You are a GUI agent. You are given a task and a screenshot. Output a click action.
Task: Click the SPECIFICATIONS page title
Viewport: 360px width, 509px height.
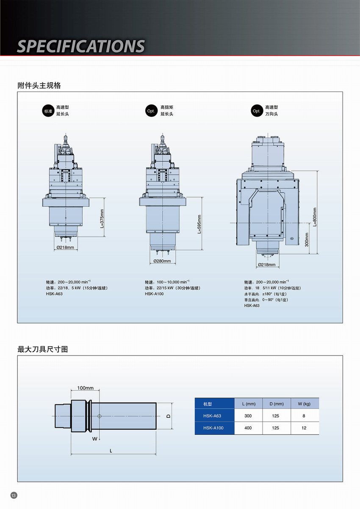pyautogui.click(x=80, y=46)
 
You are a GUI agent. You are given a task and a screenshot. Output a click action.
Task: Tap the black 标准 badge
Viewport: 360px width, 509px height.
pyautogui.click(x=47, y=111)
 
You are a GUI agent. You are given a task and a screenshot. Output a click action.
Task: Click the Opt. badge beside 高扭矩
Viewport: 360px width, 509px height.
pyautogui.click(x=151, y=111)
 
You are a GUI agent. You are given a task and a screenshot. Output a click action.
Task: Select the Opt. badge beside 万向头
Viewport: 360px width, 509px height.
pyautogui.click(x=256, y=111)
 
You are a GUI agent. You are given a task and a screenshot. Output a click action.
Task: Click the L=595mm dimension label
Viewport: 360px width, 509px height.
pyautogui.click(x=199, y=224)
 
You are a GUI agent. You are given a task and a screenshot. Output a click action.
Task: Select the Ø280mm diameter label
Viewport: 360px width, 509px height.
pyautogui.click(x=162, y=261)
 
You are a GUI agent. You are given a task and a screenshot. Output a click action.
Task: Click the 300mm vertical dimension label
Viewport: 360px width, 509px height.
pyautogui.click(x=307, y=239)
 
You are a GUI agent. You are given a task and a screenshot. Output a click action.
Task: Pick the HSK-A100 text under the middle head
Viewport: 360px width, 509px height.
pyautogui.click(x=154, y=294)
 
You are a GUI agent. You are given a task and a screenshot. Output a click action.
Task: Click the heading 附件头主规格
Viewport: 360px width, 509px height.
pyautogui.click(x=39, y=85)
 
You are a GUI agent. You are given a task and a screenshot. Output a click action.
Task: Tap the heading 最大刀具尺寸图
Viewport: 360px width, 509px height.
pyautogui.click(x=43, y=350)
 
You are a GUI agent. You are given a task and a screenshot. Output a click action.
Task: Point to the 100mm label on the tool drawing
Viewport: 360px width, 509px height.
pyautogui.click(x=85, y=388)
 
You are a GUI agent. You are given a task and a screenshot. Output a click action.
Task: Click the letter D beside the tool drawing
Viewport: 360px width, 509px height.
pyautogui.click(x=168, y=416)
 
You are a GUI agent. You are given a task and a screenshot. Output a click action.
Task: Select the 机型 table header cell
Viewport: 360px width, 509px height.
pyautogui.click(x=208, y=404)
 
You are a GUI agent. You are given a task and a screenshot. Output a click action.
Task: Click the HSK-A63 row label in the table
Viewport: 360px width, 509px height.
pyautogui.click(x=212, y=416)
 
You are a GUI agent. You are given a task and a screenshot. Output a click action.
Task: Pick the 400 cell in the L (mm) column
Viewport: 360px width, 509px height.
pyautogui.click(x=248, y=428)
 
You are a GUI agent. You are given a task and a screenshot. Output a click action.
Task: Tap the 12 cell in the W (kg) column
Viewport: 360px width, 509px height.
pyautogui.click(x=304, y=428)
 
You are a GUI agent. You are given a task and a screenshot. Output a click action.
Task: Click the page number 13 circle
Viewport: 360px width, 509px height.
pyautogui.click(x=14, y=495)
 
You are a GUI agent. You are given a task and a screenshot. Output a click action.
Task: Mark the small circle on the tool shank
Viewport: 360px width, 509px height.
pyautogui.click(x=100, y=416)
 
